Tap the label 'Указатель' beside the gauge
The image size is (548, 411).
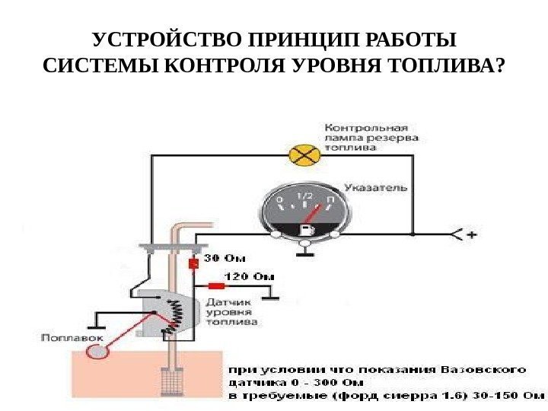click(x=375, y=187)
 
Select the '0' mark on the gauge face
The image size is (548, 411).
click(x=280, y=202)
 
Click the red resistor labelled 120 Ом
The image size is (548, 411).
click(x=217, y=286)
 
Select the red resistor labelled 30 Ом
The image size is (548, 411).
click(x=193, y=263)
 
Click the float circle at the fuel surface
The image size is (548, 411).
click(x=98, y=352)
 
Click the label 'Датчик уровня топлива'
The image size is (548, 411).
click(x=231, y=311)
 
